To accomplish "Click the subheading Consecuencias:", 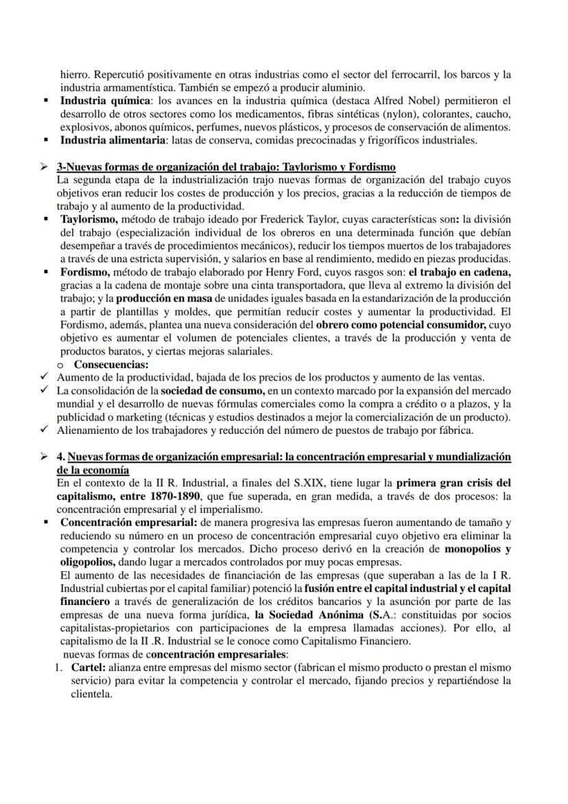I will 110,364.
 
